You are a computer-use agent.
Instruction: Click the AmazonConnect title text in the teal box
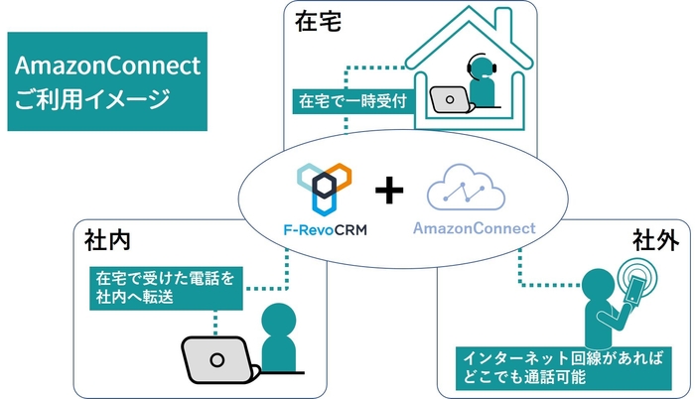tap(107, 66)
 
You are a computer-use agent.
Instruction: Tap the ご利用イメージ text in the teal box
tap(88, 99)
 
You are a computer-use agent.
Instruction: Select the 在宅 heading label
tap(319, 23)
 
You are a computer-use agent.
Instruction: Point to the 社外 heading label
tap(654, 241)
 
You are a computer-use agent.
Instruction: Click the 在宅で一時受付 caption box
tap(350, 101)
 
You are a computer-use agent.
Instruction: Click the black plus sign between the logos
tap(390, 190)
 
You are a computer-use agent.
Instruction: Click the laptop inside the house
tap(449, 99)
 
